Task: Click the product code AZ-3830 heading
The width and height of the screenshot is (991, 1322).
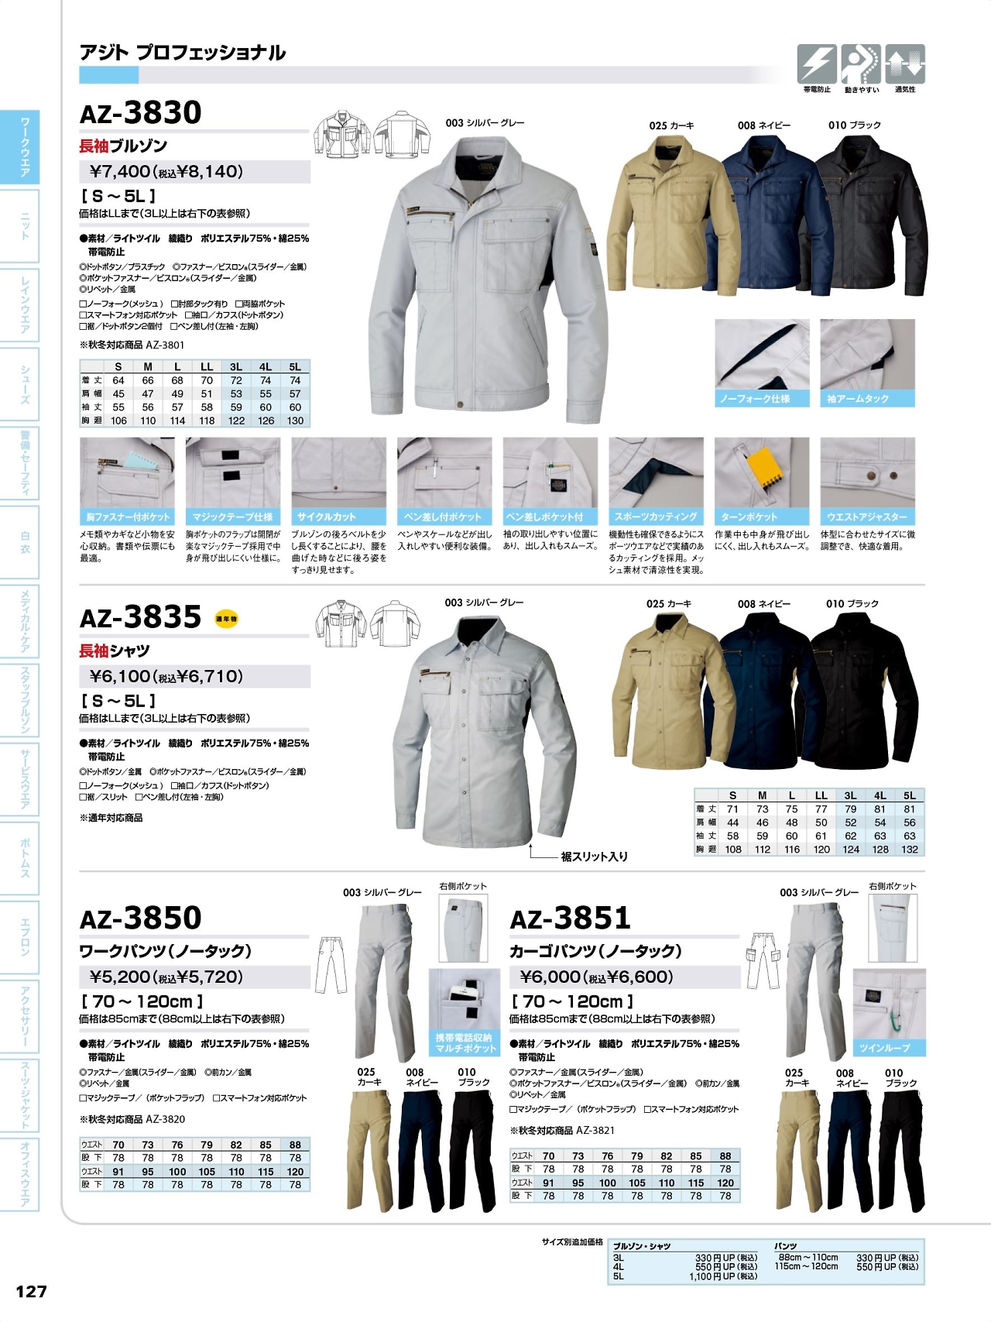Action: pos(141,113)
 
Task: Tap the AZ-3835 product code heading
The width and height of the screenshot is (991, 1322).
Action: pos(141,618)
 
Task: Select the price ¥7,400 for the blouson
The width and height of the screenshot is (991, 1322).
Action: pos(122,172)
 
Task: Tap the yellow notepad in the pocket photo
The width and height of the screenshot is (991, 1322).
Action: pos(762,469)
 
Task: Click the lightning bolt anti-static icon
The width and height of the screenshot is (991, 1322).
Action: pos(816,64)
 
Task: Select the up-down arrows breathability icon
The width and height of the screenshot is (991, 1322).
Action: pos(905,64)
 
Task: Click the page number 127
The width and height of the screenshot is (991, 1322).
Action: pos(31,1291)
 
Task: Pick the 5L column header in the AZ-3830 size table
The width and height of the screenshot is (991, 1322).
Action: pos(295,367)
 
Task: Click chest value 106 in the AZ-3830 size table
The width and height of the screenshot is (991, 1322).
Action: pos(118,421)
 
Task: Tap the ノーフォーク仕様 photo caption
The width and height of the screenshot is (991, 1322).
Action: pos(755,399)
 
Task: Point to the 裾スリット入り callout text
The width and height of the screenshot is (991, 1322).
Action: pos(594,857)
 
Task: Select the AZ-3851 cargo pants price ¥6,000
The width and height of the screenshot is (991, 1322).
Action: pos(550,977)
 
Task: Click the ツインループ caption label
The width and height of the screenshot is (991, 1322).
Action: pos(884,1048)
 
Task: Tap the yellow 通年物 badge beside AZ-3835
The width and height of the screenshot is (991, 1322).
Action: pos(226,619)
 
